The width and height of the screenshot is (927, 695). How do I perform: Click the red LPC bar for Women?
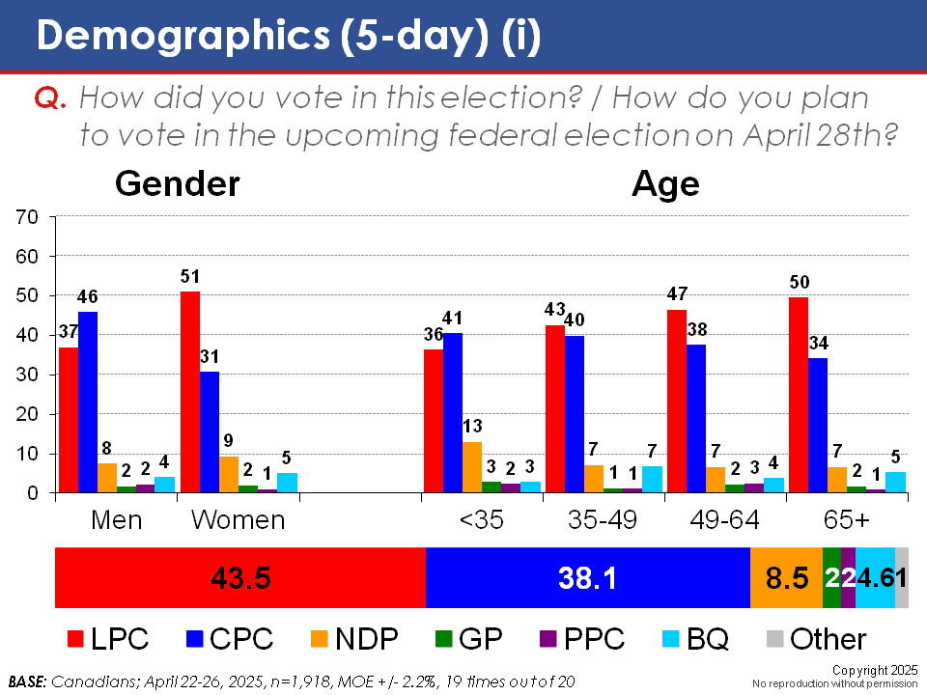190,392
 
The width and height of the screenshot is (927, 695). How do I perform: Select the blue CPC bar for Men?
88,402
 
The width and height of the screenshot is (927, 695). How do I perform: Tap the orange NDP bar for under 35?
472,467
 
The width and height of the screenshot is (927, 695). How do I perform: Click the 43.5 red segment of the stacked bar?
240,577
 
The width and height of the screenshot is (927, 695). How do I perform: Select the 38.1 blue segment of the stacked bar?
587,577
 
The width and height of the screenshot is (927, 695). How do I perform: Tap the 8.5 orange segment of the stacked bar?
786,577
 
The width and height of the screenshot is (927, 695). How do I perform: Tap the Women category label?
238,519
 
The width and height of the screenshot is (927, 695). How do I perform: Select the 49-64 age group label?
725,519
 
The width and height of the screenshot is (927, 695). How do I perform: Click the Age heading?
665,183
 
